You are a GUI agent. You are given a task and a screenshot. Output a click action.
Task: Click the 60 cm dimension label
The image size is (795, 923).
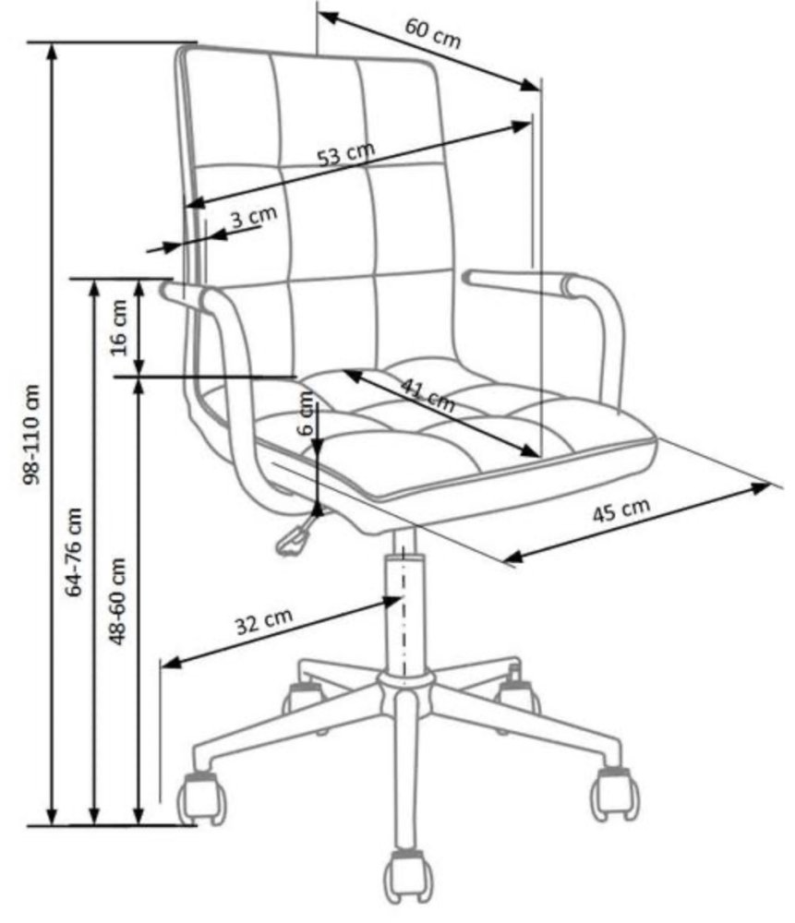(x=433, y=34)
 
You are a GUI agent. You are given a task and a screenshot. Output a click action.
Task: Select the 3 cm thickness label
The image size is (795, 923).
(x=254, y=217)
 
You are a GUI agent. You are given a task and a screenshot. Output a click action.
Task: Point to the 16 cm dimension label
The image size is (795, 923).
(x=119, y=328)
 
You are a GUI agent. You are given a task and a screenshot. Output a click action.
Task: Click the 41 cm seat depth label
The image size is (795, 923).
(x=428, y=393)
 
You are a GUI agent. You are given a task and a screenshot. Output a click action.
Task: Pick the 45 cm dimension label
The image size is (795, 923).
(x=620, y=510)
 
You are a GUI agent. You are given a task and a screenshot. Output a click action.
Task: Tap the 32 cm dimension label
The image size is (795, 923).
(x=264, y=621)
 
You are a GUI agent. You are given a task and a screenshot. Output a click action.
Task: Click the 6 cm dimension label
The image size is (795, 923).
(x=307, y=414)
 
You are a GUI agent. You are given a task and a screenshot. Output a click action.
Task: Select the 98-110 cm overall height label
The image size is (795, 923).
(x=30, y=435)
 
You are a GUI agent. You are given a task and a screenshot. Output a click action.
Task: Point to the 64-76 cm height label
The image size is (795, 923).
(x=75, y=552)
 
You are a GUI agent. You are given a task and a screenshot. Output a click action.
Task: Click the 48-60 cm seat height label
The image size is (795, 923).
(x=118, y=601)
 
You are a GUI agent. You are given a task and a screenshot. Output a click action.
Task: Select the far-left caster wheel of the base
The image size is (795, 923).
(x=202, y=797)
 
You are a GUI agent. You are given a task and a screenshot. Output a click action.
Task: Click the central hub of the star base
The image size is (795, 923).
(x=405, y=685)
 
